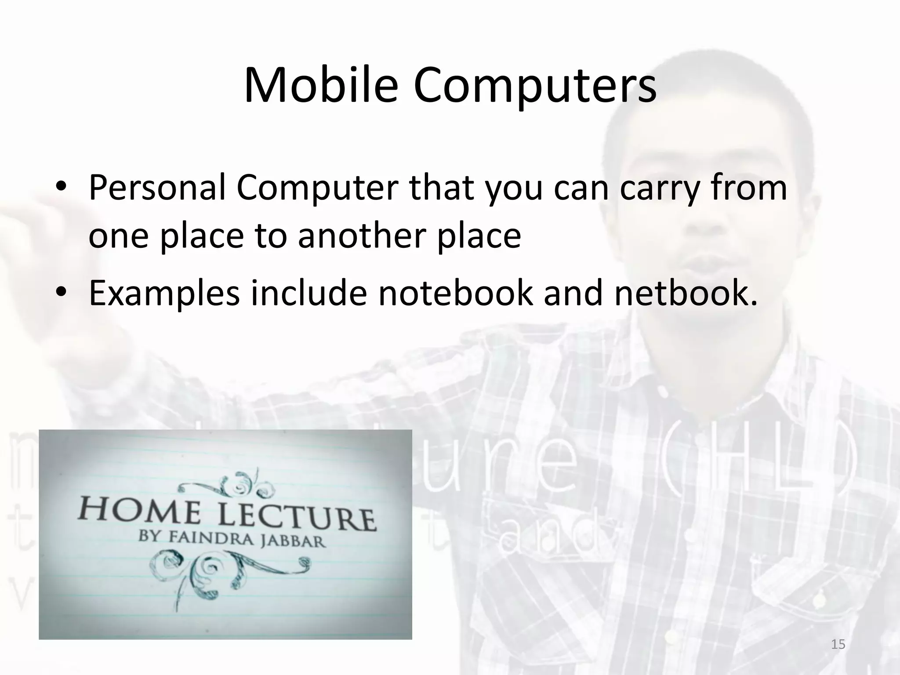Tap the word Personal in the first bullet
pyautogui.click(x=157, y=188)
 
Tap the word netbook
pyautogui.click(x=686, y=293)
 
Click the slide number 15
pyautogui.click(x=838, y=644)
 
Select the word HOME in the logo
pyautogui.click(x=140, y=512)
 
